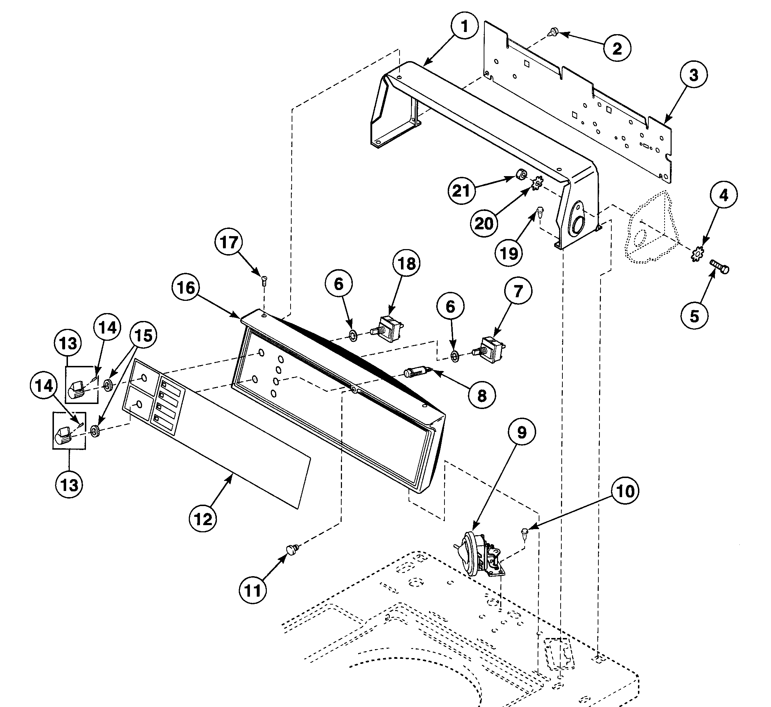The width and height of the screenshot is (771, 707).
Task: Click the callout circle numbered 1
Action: click(x=464, y=26)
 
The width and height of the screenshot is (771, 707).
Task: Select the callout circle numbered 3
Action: click(x=694, y=75)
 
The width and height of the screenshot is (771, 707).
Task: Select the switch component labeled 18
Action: click(x=387, y=328)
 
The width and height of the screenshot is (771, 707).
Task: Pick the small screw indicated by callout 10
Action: click(x=525, y=532)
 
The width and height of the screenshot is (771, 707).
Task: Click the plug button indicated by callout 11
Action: click(x=293, y=550)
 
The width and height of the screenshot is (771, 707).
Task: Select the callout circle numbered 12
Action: click(x=203, y=519)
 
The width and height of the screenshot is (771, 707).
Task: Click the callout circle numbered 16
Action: click(x=186, y=287)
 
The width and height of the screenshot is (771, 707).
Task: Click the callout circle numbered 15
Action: click(x=143, y=335)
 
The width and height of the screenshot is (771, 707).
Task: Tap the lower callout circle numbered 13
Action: click(x=69, y=485)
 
